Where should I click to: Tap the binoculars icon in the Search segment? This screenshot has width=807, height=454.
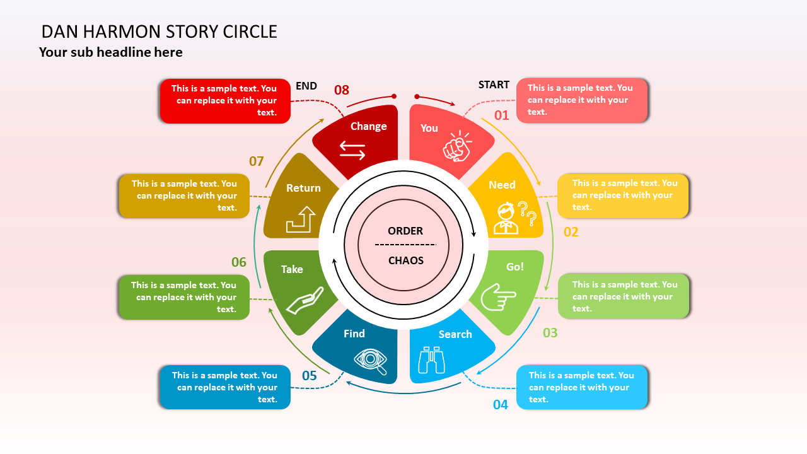click(x=432, y=360)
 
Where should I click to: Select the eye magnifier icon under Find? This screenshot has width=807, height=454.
click(x=371, y=360)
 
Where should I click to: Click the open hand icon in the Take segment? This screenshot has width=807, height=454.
click(x=305, y=301)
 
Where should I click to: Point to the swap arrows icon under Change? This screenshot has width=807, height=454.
click(x=352, y=149)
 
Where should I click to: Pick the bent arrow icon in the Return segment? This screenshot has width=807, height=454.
click(x=301, y=219)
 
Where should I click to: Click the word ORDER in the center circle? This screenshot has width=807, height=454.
click(x=405, y=231)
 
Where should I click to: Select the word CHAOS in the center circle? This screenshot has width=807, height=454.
click(x=406, y=260)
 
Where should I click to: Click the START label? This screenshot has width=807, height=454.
click(x=494, y=84)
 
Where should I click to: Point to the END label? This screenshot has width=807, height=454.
click(x=306, y=86)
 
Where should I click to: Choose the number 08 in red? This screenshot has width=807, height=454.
click(x=342, y=90)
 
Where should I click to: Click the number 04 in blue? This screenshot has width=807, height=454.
click(x=501, y=405)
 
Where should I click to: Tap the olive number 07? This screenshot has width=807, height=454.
click(x=256, y=161)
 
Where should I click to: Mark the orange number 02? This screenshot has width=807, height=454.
click(x=571, y=232)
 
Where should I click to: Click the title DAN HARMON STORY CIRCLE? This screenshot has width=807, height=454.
click(x=160, y=32)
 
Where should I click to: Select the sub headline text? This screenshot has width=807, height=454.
click(x=111, y=52)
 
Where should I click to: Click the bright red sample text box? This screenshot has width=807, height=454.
click(x=225, y=101)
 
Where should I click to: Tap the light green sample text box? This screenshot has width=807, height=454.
click(x=624, y=296)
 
